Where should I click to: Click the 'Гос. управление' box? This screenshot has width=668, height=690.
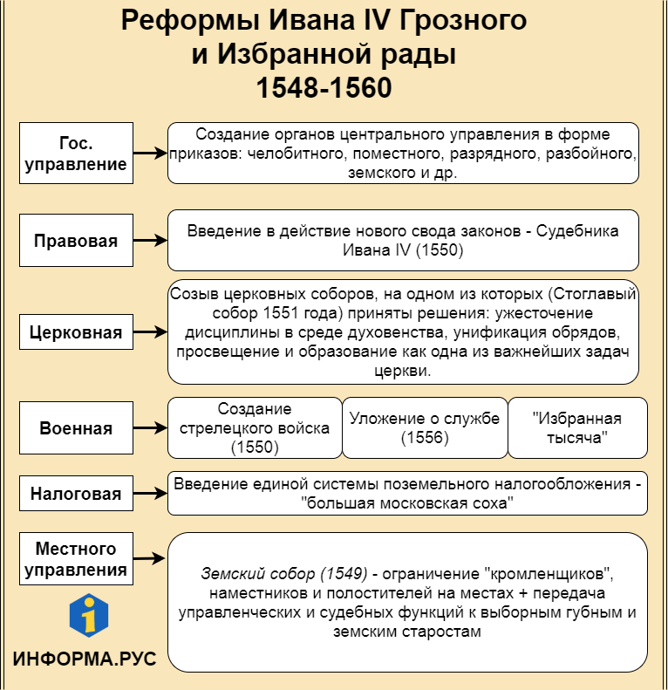pos(76,154)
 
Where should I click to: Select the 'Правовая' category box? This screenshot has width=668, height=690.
pos(76,241)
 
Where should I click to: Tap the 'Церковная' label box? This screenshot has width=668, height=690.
pos(76,332)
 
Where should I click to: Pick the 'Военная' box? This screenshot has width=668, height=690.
pos(76,428)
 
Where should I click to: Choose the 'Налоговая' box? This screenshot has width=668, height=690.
pos(76,494)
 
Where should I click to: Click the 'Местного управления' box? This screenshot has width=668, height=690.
pos(76,560)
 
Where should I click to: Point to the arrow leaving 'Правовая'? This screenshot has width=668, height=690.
pos(149,241)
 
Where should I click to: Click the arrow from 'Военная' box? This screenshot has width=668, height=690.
pos(149,428)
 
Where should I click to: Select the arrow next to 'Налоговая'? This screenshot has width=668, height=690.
pos(149,494)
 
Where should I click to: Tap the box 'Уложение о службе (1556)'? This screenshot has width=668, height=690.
pos(425,428)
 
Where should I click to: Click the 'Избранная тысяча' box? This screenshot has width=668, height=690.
pos(577,428)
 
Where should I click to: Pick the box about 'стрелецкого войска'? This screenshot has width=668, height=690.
pos(255,428)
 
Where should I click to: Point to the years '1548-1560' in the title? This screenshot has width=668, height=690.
pos(324,89)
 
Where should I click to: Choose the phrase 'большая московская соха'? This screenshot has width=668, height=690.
pos(406,503)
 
